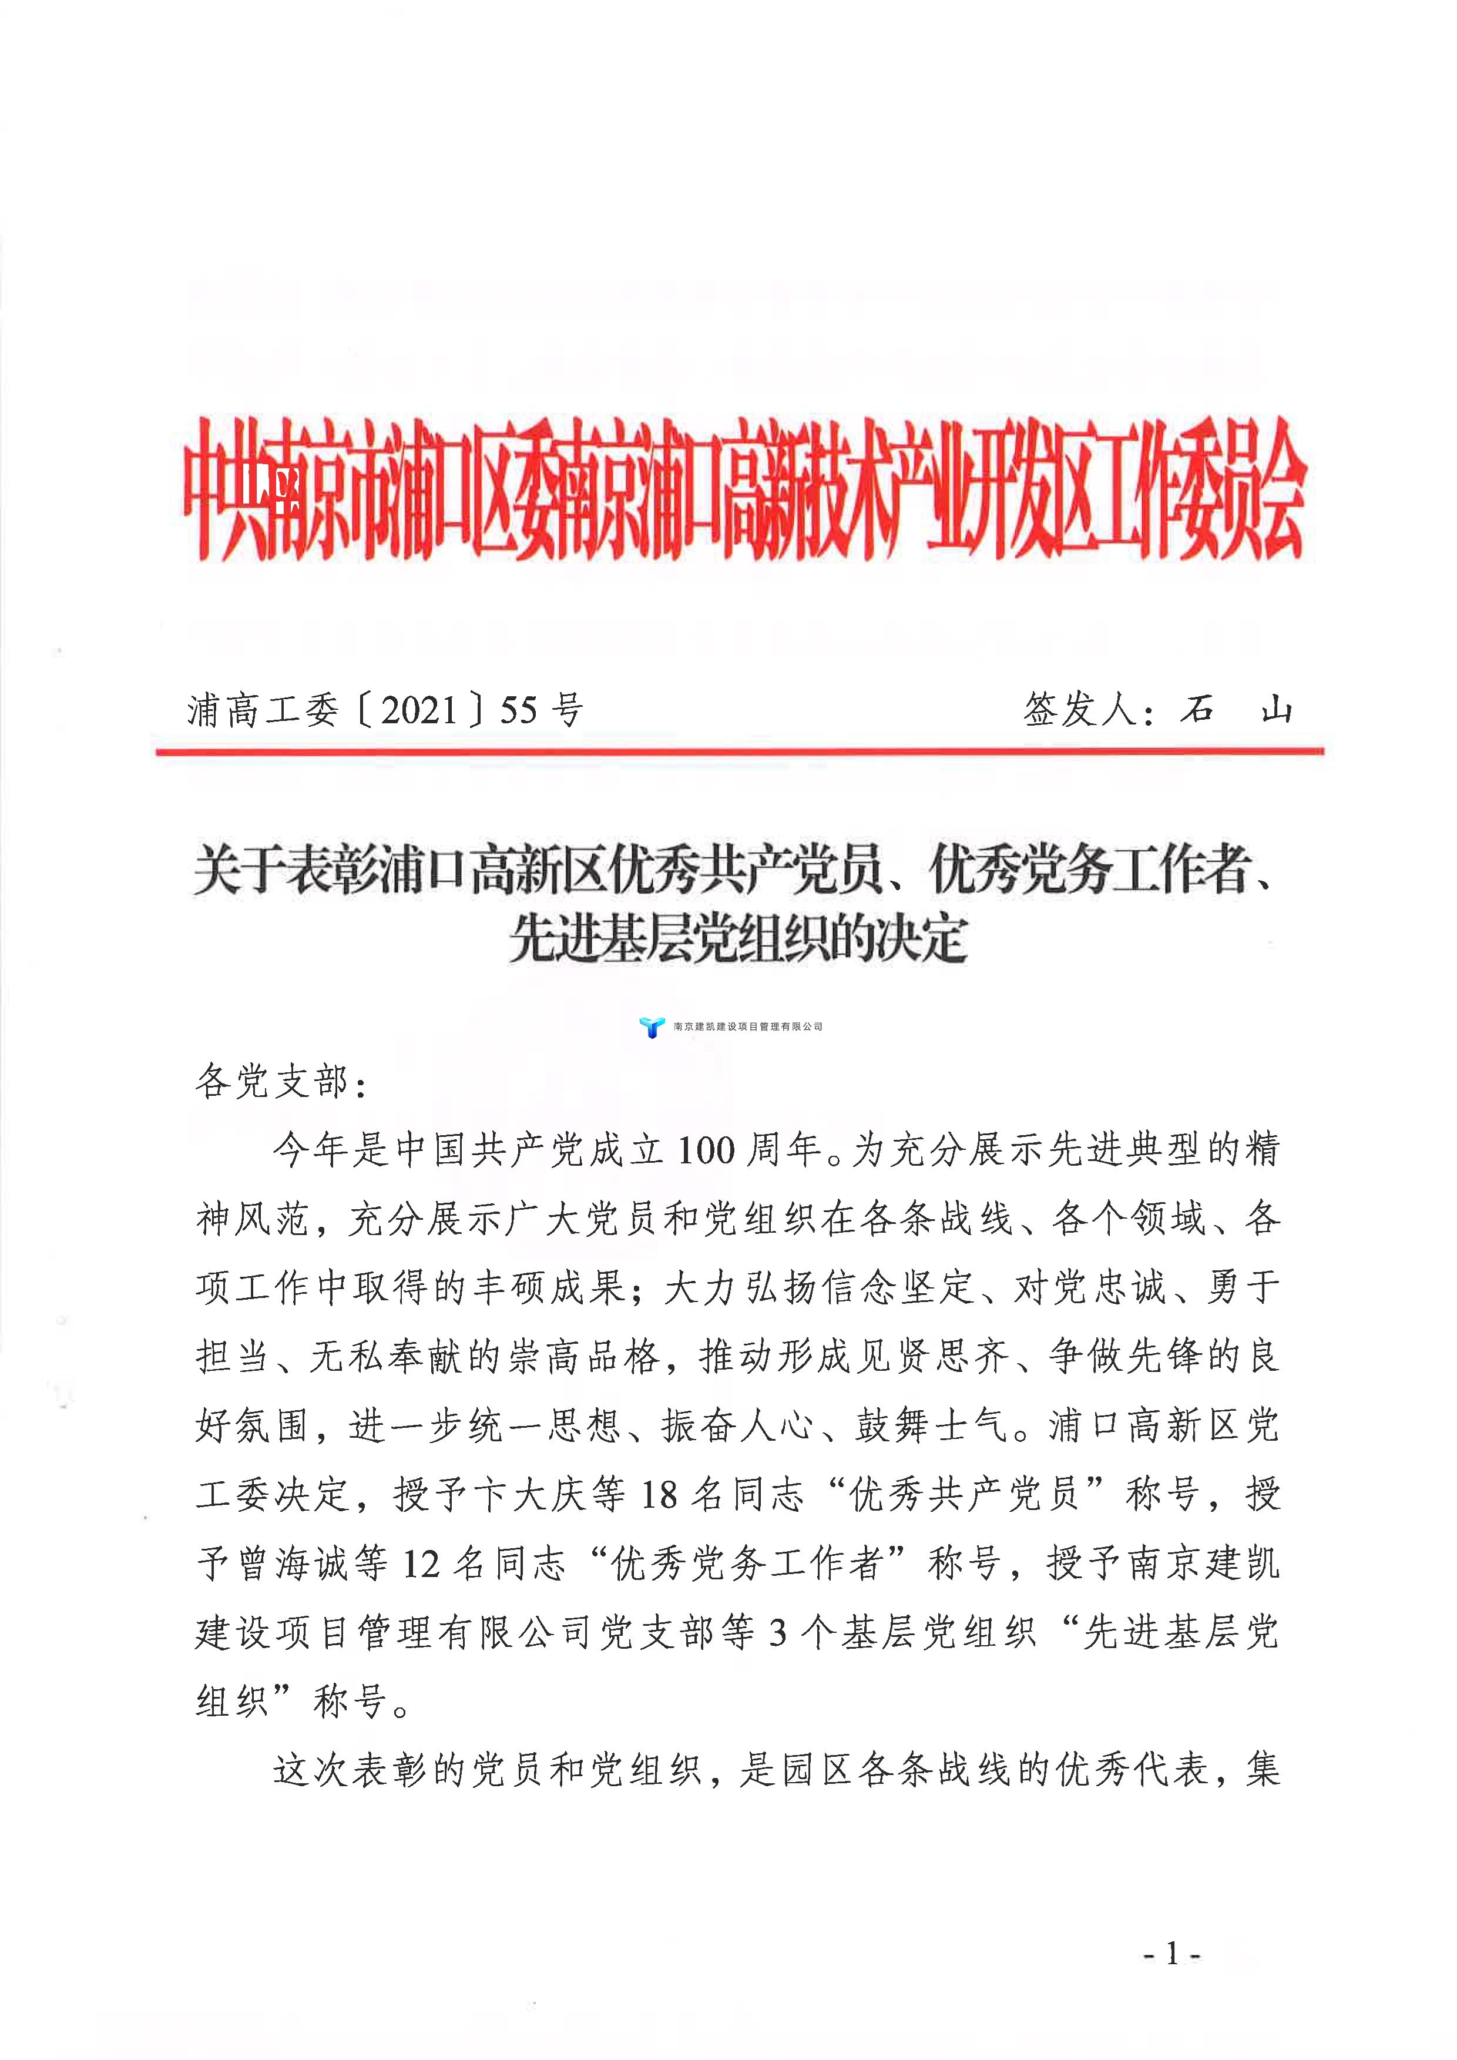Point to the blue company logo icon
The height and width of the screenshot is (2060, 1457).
click(652, 1026)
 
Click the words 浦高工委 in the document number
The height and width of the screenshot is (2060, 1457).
click(263, 710)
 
